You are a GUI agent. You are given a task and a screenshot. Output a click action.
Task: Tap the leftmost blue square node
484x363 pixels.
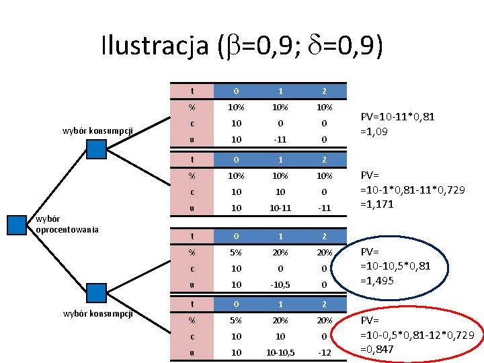[17, 225]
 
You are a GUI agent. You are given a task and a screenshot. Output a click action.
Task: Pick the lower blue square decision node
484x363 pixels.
[97, 292]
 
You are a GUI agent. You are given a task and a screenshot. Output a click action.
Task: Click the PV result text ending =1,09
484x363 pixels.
[397, 124]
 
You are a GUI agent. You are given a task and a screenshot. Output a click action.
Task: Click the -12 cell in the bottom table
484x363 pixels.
[323, 353]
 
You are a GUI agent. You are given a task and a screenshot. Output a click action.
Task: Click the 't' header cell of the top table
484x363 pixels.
[192, 91]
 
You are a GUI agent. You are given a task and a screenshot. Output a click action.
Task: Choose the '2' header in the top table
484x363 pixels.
[323, 91]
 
